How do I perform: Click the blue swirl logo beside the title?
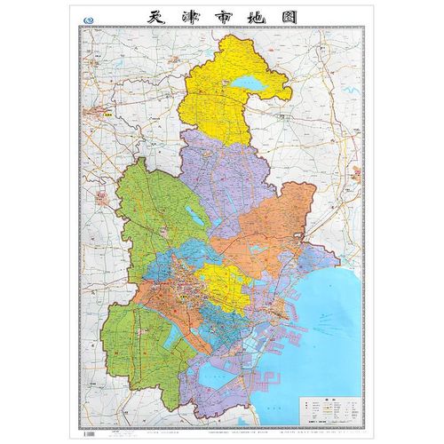pos(86,18)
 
